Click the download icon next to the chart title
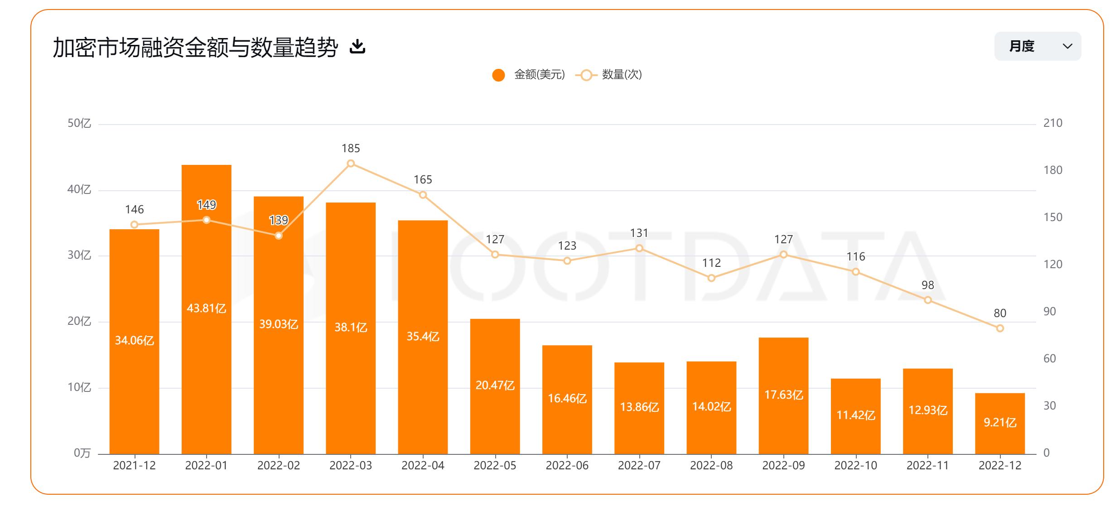point(357,46)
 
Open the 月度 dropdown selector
point(1037,46)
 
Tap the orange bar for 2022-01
point(206,272)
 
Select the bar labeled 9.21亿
point(999,424)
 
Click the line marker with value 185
point(351,164)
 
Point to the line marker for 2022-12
point(1000,328)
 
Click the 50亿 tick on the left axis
point(79,123)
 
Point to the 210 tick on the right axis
point(1052,123)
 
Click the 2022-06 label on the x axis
point(567,466)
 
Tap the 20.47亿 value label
point(495,386)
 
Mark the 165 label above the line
point(423,180)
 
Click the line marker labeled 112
point(711,278)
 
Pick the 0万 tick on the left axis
point(82,453)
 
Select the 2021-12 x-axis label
point(134,466)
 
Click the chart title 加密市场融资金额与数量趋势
point(195,47)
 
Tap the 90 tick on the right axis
point(1049,312)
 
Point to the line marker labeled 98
point(927,300)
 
